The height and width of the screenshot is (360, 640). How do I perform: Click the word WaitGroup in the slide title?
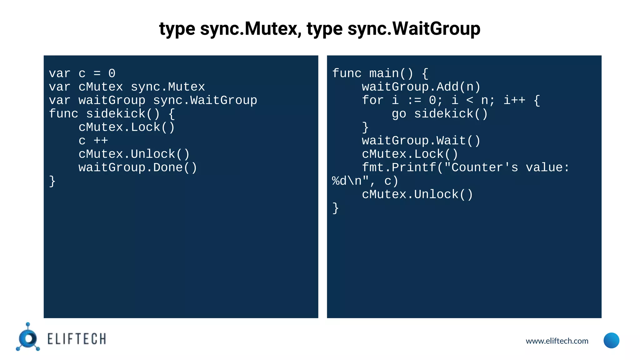click(436, 29)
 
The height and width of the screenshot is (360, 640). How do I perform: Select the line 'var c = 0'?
click(82, 73)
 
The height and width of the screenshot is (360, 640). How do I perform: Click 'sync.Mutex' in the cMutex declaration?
click(168, 87)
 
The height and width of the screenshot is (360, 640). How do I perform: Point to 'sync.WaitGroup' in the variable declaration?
click(205, 100)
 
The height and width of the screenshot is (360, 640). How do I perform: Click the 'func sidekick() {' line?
click(112, 114)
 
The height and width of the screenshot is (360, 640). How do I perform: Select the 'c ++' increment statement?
click(93, 141)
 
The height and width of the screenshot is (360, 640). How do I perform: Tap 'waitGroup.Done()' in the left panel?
click(138, 167)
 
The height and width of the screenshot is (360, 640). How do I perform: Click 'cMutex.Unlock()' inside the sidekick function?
click(134, 154)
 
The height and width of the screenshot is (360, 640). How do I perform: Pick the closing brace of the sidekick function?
click(52, 181)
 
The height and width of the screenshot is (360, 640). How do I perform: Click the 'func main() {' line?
click(380, 73)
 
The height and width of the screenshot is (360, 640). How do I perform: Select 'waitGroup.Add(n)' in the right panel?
click(421, 87)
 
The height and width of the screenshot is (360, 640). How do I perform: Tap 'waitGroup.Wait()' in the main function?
click(421, 141)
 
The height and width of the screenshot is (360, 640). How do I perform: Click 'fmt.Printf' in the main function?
click(399, 167)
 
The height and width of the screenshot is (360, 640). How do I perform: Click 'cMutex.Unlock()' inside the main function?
click(417, 194)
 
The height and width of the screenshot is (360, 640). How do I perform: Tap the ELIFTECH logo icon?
click(28, 337)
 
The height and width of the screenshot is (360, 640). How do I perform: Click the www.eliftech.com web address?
click(557, 341)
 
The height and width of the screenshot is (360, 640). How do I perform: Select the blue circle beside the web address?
click(611, 340)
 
